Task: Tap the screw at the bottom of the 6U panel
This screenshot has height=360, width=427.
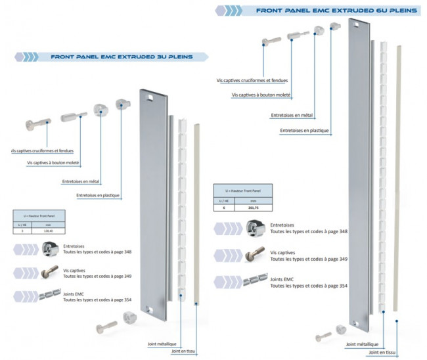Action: (x=324, y=336)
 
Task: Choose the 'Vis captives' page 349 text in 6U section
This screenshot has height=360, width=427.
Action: (x=309, y=256)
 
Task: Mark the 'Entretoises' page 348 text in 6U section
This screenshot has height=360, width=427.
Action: (x=309, y=228)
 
